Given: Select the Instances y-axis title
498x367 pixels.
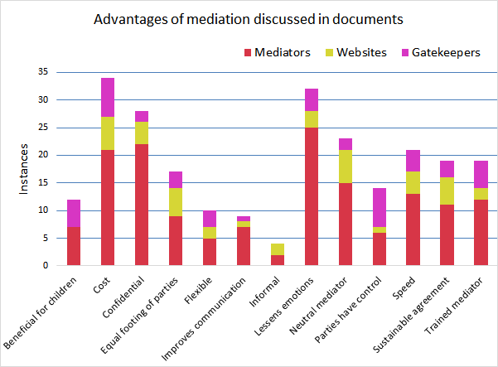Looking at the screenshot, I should click(x=24, y=169).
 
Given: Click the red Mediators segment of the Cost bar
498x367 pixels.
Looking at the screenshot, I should click(x=108, y=207).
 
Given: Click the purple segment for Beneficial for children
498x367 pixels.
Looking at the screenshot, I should click(x=73, y=213).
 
